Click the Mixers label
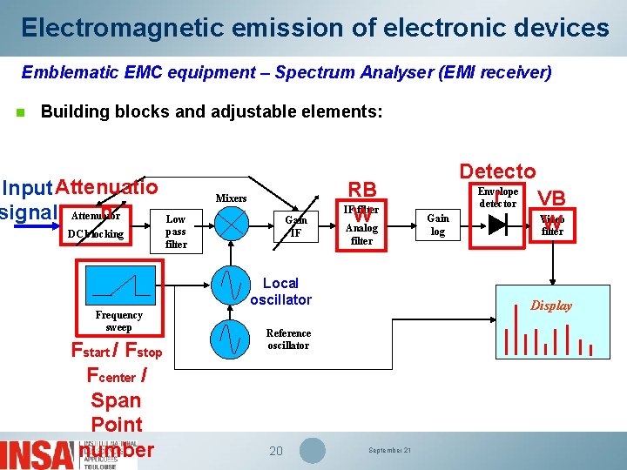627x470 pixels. [x=231, y=198]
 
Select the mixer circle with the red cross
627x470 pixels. [x=232, y=225]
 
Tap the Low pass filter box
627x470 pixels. [x=176, y=232]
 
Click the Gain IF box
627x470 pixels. [x=295, y=226]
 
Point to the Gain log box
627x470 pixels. [x=438, y=225]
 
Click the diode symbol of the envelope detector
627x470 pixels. [x=497, y=225]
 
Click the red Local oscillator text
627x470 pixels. [x=280, y=292]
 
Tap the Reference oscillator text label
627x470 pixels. [x=288, y=339]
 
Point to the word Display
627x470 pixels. [x=552, y=305]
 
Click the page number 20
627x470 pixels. [x=276, y=451]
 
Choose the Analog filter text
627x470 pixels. [x=361, y=234]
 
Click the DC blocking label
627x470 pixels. [x=96, y=234]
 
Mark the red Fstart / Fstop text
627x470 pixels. [x=117, y=352]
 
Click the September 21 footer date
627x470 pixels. [x=389, y=450]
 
